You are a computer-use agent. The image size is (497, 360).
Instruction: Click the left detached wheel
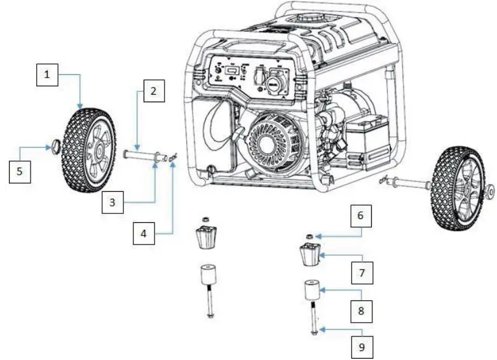[88, 150]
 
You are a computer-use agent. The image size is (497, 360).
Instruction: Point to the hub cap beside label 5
[55, 147]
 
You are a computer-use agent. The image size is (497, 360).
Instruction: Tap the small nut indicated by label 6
[310, 237]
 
